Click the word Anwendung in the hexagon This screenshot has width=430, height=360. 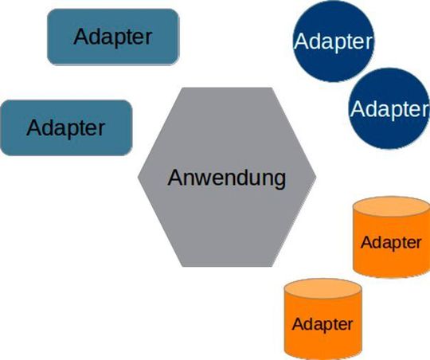(x=226, y=177)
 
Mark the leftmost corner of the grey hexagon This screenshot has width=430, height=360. (x=138, y=177)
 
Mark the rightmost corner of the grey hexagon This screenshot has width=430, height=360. (x=316, y=177)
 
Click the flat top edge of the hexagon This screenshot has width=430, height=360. (x=227, y=88)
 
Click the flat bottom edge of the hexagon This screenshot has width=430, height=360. (x=227, y=266)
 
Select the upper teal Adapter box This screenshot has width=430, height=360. (x=112, y=36)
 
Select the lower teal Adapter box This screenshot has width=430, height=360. (x=66, y=127)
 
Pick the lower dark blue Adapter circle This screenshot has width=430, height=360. (x=388, y=107)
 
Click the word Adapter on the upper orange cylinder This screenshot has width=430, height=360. (x=390, y=243)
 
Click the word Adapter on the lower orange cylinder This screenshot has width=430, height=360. (x=322, y=324)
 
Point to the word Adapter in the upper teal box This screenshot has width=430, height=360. (x=112, y=37)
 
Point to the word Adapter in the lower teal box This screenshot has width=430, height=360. (x=66, y=127)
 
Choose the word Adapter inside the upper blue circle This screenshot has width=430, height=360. (x=332, y=39)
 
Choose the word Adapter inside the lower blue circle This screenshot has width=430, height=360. (x=389, y=108)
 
